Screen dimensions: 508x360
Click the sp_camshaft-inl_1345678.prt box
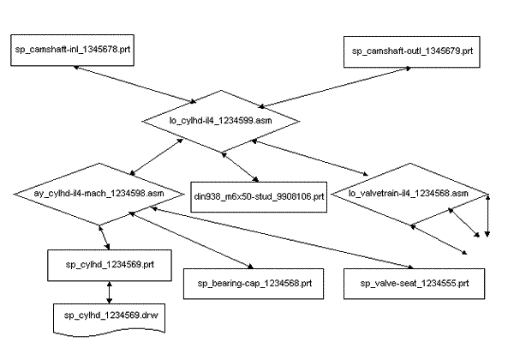click(72, 51)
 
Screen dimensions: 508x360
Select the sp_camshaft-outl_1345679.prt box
click(412, 51)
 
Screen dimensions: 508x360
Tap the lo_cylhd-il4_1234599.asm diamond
click(221, 121)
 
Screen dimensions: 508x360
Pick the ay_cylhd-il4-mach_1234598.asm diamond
click(99, 194)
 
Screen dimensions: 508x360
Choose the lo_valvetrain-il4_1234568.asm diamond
click(410, 194)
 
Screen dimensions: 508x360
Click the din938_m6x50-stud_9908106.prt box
click(259, 197)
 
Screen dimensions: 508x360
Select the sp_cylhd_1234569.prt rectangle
click(110, 265)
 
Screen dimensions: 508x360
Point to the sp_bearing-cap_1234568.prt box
click(254, 284)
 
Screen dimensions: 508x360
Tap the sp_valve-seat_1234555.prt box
click(414, 284)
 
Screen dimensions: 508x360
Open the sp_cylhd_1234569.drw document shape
click(109, 318)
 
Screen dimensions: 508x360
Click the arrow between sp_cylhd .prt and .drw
click(109, 292)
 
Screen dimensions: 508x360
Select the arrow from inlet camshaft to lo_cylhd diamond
click(134, 85)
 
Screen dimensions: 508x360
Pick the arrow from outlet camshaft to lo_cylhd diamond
click(335, 87)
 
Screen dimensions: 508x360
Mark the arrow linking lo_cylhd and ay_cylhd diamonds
click(157, 157)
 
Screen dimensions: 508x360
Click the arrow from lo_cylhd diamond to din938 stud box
click(240, 167)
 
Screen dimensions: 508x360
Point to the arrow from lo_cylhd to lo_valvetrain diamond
click(310, 158)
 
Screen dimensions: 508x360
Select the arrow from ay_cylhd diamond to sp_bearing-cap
click(191, 240)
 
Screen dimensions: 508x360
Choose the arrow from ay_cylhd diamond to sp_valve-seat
click(282, 237)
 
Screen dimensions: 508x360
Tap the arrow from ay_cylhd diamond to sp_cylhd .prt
click(105, 237)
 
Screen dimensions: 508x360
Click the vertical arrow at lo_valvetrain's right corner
click(487, 215)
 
